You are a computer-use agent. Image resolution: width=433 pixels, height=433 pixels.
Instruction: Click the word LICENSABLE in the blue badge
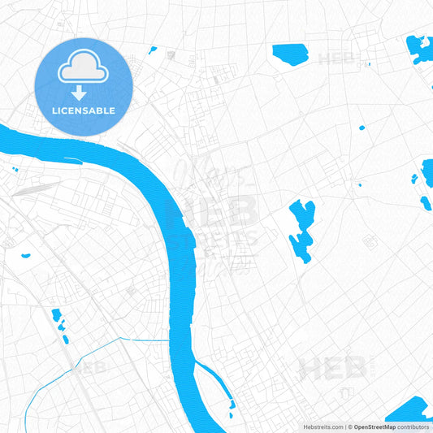[x=84, y=110]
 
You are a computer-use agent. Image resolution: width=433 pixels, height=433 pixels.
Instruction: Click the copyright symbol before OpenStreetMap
[x=349, y=426]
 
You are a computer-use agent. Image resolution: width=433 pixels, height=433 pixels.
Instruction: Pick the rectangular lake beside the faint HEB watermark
[x=290, y=54]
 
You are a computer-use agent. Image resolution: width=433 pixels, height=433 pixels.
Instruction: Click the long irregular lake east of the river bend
[x=301, y=229]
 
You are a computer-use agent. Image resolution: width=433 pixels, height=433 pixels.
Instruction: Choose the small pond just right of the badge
[x=152, y=50]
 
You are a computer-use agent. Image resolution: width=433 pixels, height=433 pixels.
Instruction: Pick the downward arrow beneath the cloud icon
[x=79, y=93]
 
